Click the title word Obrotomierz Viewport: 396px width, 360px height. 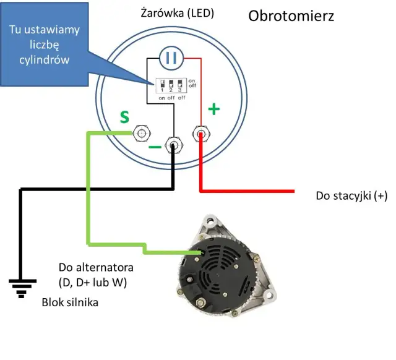pyautogui.click(x=291, y=16)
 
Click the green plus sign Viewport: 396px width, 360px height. pyautogui.click(x=213, y=110)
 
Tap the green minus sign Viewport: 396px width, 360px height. pyautogui.click(x=155, y=147)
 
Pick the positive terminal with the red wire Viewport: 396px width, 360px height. pyautogui.click(x=200, y=133)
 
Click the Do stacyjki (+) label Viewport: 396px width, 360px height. pyautogui.click(x=351, y=196)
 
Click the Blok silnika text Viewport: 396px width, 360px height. pyautogui.click(x=70, y=303)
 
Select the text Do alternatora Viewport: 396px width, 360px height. pyautogui.click(x=96, y=268)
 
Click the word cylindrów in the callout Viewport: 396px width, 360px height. pyautogui.click(x=44, y=60)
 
